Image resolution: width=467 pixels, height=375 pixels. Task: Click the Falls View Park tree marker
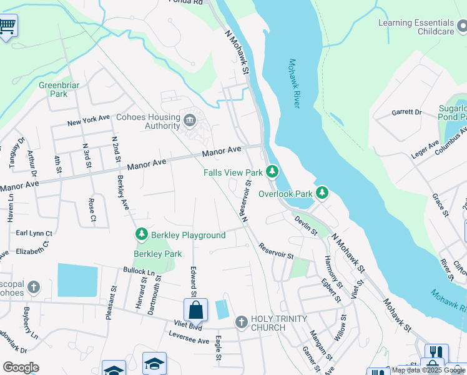[272, 171]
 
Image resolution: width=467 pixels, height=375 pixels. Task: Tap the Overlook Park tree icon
[322, 192]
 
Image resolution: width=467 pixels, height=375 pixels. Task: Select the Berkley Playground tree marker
[142, 234]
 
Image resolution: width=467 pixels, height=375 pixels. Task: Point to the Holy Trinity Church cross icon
[242, 322]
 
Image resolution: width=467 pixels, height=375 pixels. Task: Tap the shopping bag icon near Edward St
[195, 310]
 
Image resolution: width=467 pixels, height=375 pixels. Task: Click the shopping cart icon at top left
[7, 26]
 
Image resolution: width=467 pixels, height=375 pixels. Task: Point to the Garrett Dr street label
[406, 112]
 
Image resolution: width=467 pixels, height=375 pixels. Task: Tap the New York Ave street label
[89, 122]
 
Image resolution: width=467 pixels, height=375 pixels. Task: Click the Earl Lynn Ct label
[34, 233]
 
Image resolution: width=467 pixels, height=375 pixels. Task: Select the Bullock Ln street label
[138, 272]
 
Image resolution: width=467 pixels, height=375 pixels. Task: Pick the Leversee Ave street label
[189, 341]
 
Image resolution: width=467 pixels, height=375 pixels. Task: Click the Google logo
[21, 367]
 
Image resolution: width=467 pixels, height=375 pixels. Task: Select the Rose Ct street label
[92, 211]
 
